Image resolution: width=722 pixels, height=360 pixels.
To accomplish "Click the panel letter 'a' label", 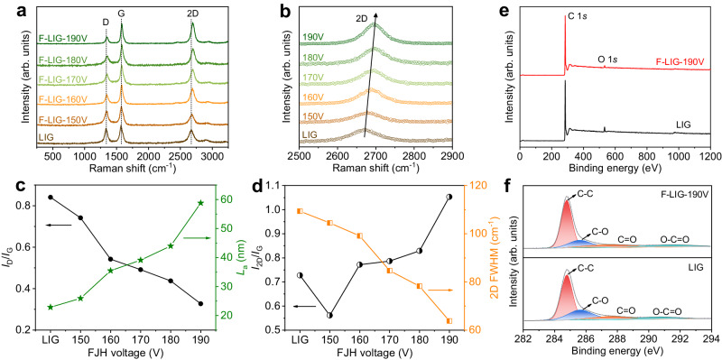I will coord(8,9).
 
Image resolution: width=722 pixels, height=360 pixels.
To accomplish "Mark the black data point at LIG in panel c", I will coord(51,197).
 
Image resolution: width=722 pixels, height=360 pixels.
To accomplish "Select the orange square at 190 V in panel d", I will coord(449,320).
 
